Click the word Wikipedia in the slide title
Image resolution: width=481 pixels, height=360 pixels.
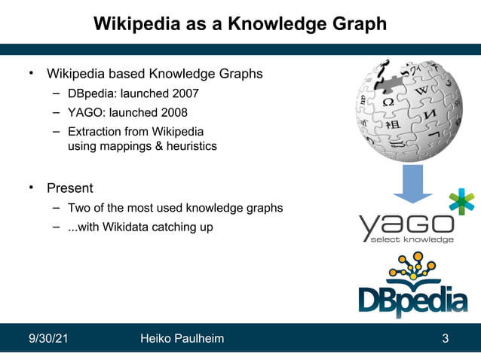pos(136,25)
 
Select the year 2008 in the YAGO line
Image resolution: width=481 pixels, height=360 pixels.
pos(172,114)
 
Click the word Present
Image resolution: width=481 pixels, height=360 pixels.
pos(70,188)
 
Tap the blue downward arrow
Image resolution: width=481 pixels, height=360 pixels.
pos(412,184)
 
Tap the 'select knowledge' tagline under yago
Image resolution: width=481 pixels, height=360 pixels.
pos(412,240)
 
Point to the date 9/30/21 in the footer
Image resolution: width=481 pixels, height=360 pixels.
pos(48,338)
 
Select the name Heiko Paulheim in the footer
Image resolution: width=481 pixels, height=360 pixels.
pos(182,338)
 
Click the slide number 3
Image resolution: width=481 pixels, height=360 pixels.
pos(446,338)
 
